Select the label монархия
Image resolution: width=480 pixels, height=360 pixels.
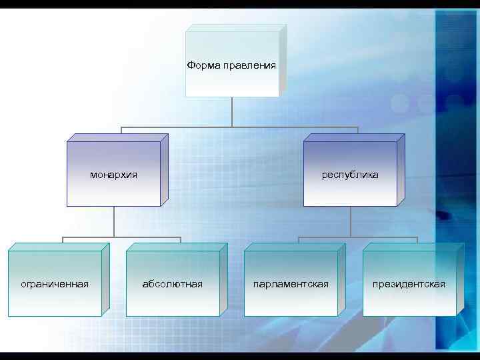[113, 175]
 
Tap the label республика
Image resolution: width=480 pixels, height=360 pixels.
[350, 175]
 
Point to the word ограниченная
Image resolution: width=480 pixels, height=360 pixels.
[55, 285]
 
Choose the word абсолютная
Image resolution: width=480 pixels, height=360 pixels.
[173, 285]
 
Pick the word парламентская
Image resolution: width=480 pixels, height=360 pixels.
[291, 285]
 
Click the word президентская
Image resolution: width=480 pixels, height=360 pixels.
[409, 285]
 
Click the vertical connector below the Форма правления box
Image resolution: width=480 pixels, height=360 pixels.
[232, 112]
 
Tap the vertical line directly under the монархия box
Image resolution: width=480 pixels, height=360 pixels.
[114, 221]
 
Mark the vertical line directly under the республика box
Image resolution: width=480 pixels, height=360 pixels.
[351, 221]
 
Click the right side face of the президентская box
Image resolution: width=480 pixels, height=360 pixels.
[460, 280]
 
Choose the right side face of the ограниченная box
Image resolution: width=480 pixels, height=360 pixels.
[105, 280]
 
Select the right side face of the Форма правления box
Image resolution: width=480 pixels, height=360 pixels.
[283, 60]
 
